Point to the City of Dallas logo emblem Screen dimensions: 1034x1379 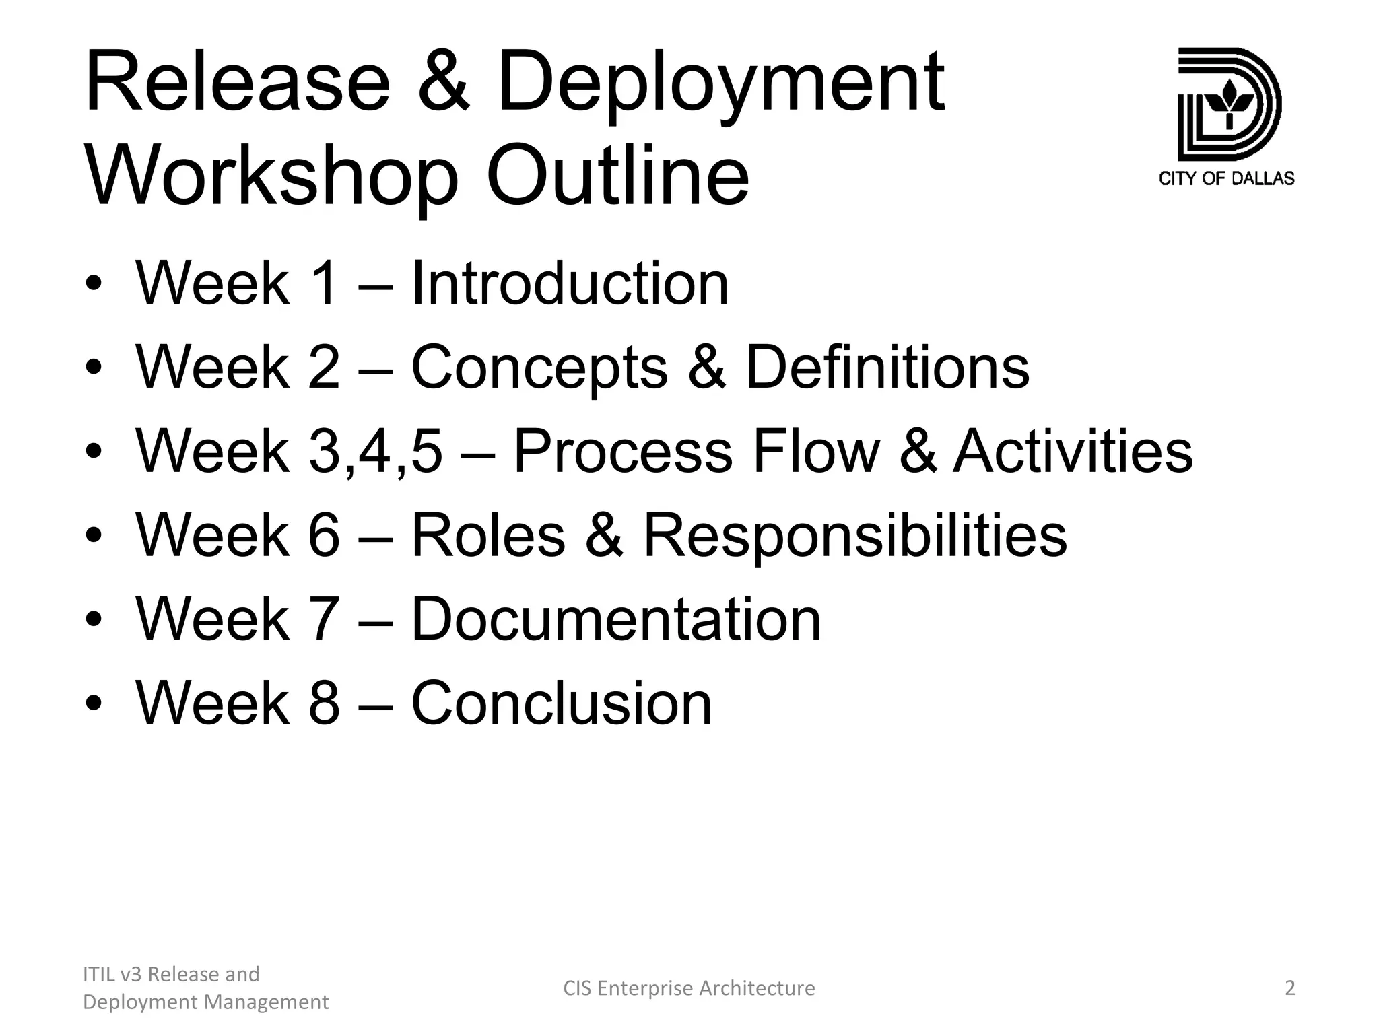[x=1228, y=104]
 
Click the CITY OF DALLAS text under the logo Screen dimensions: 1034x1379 [x=1226, y=178]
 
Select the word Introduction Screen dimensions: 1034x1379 [x=569, y=283]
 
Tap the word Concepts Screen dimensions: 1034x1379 [x=539, y=368]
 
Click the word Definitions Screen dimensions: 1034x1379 [x=887, y=368]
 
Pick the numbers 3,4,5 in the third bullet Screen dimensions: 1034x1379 [x=376, y=452]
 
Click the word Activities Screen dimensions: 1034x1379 [x=1073, y=452]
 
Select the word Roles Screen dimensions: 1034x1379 [x=488, y=536]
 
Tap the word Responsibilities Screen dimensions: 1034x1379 [x=855, y=536]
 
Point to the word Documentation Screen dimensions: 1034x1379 [x=615, y=619]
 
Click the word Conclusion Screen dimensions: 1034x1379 [x=561, y=703]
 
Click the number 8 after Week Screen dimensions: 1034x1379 [x=324, y=703]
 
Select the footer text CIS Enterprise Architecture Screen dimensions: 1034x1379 [x=689, y=988]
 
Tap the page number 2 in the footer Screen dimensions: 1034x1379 [x=1289, y=988]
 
